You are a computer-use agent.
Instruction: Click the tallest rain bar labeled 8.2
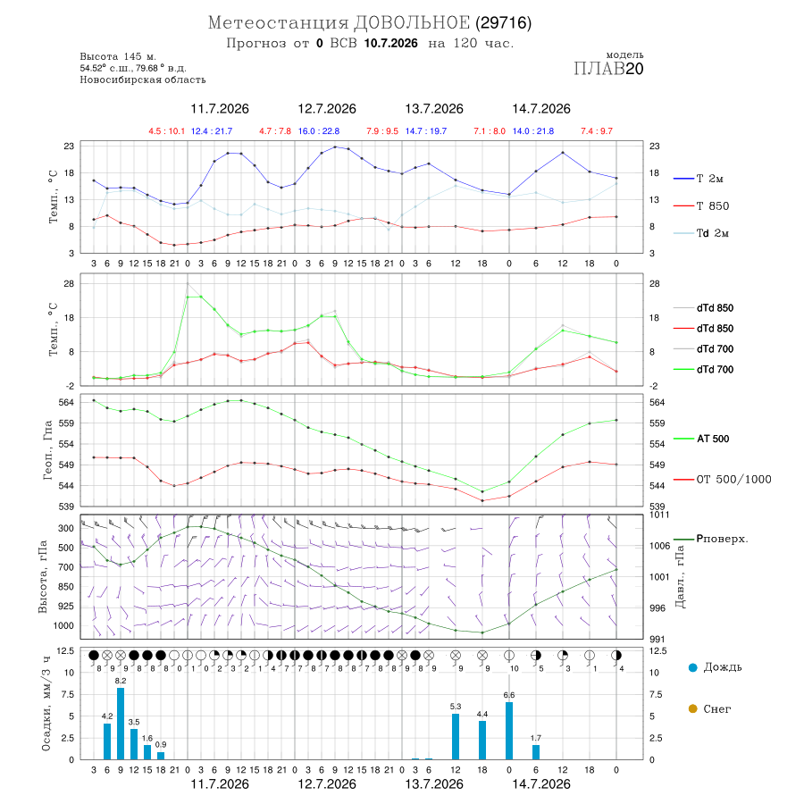click(x=121, y=724)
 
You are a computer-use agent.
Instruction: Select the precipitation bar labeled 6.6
click(x=509, y=731)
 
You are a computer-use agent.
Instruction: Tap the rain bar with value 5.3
click(x=456, y=736)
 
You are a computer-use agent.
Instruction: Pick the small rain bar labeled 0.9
click(x=161, y=756)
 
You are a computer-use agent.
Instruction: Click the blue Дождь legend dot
click(x=693, y=667)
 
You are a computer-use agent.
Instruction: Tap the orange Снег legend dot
click(x=693, y=708)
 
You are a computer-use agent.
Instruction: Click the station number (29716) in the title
click(x=504, y=22)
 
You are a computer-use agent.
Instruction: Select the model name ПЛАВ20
click(x=608, y=69)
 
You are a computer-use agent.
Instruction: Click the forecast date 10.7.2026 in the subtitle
click(x=391, y=43)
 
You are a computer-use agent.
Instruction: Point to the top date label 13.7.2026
click(x=434, y=109)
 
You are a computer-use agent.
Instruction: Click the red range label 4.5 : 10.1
click(x=167, y=131)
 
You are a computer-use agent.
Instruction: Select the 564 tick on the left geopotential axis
click(x=67, y=403)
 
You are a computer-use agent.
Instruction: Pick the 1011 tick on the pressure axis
click(x=659, y=515)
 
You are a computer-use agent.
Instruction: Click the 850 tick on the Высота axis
click(x=65, y=587)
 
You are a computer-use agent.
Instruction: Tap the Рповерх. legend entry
click(x=711, y=539)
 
